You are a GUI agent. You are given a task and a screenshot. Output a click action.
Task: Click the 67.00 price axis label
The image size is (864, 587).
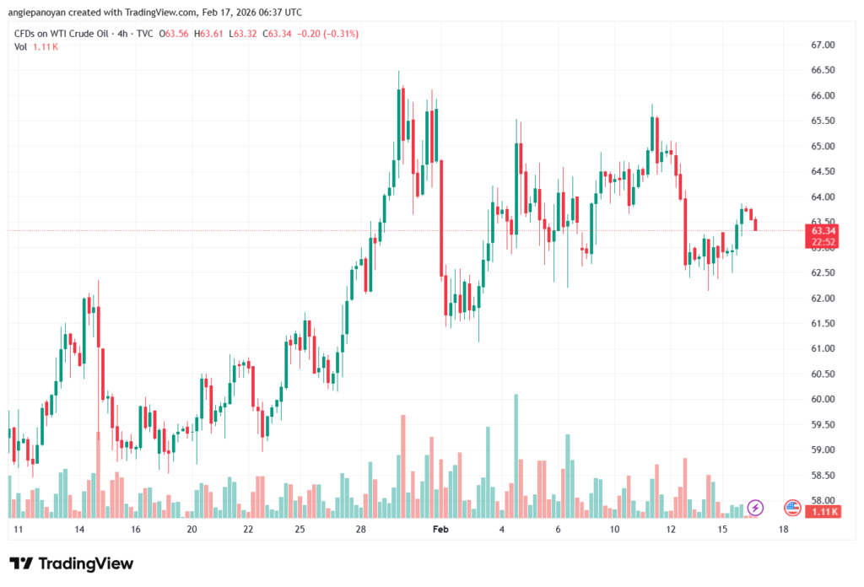[x=823, y=45]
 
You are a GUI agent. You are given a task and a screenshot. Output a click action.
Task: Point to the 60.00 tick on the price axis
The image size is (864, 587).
[x=823, y=399]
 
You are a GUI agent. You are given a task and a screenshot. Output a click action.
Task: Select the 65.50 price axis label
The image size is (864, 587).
[x=823, y=121]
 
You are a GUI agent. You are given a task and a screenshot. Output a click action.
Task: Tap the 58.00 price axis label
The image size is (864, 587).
[x=823, y=500]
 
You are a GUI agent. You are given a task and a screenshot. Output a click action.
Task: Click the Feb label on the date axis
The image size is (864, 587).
[x=439, y=530]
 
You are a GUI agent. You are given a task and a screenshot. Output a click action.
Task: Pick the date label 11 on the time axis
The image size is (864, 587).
[x=17, y=530]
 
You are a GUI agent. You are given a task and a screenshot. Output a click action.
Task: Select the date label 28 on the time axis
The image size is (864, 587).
[x=360, y=530]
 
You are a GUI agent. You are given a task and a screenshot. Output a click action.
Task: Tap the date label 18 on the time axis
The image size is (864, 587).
[x=784, y=530]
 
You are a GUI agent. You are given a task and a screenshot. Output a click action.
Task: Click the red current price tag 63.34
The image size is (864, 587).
[x=823, y=230]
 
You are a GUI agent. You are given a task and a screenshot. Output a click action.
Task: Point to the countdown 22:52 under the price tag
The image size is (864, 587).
[x=823, y=242]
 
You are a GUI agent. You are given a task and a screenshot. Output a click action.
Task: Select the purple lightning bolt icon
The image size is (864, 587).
[x=756, y=507]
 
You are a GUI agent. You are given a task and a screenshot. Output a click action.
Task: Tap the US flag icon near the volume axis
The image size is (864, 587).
[x=792, y=507]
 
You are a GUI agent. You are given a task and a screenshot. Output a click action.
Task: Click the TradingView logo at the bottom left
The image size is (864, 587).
[x=71, y=563]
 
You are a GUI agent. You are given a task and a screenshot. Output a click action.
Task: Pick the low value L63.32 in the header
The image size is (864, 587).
[x=246, y=34]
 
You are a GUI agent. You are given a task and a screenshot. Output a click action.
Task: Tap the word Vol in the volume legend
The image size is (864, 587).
[x=21, y=46]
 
